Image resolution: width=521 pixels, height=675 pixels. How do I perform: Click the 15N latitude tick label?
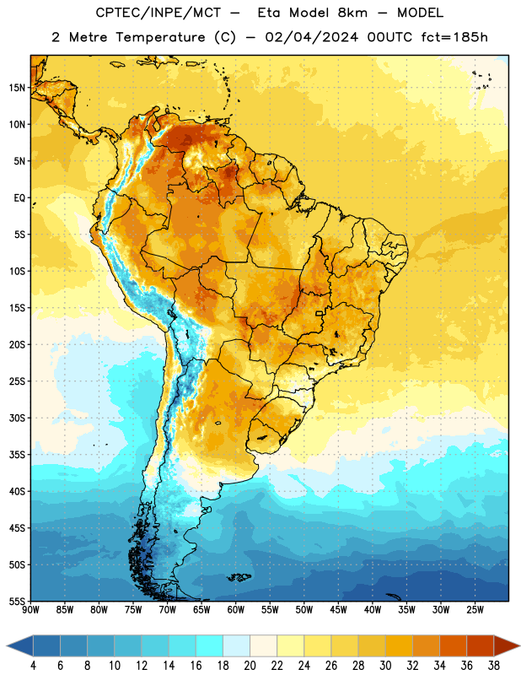[x=17, y=88]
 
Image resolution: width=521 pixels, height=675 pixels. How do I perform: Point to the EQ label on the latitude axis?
[x=19, y=198]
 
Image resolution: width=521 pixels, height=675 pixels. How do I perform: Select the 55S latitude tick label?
[x=17, y=602]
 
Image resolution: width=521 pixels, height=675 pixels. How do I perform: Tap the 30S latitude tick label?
[x=17, y=418]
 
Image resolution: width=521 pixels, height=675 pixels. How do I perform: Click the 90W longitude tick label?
[x=30, y=610]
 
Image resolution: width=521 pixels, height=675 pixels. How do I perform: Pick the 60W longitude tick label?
[x=236, y=610]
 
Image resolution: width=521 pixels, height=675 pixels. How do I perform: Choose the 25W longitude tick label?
[x=475, y=610]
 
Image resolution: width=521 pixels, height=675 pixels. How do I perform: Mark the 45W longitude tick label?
[x=338, y=610]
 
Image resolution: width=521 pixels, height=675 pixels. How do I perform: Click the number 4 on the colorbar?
[x=33, y=666]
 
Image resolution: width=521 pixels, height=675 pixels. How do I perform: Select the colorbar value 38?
[x=494, y=666]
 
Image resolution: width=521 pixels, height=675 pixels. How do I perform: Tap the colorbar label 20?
[x=250, y=666]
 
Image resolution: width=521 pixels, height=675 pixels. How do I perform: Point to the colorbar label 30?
[x=385, y=666]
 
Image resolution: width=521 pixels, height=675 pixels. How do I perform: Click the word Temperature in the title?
[x=160, y=37]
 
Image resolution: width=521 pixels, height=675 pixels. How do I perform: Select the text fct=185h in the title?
[x=454, y=37]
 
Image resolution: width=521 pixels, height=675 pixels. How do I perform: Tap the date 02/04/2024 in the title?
[x=311, y=37]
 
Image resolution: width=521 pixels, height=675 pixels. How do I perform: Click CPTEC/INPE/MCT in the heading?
[x=158, y=13]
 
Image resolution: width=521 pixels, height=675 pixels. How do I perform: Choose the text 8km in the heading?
[x=352, y=13]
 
